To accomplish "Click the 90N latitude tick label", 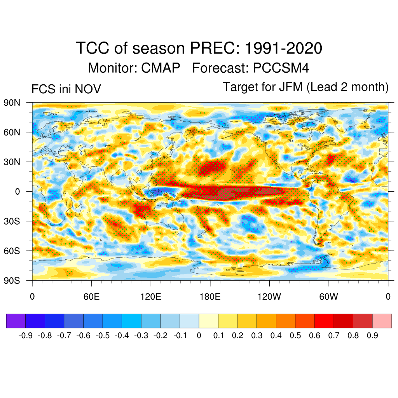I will pos(12,103).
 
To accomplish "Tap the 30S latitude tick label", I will pos(12,221).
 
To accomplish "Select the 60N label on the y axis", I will pos(12,132).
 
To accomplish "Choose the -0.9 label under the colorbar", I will pos(26,335).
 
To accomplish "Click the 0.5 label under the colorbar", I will pos(296,335).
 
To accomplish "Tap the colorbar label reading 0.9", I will pos(372,335).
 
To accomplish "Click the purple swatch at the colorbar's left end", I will pos(16,321).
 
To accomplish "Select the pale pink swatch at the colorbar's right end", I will pos(382,321).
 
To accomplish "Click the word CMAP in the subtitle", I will pos(161,68).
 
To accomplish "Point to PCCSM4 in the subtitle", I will pos(281,68).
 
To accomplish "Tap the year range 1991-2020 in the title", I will pos(283,49).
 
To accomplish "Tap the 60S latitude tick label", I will pos(12,250).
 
